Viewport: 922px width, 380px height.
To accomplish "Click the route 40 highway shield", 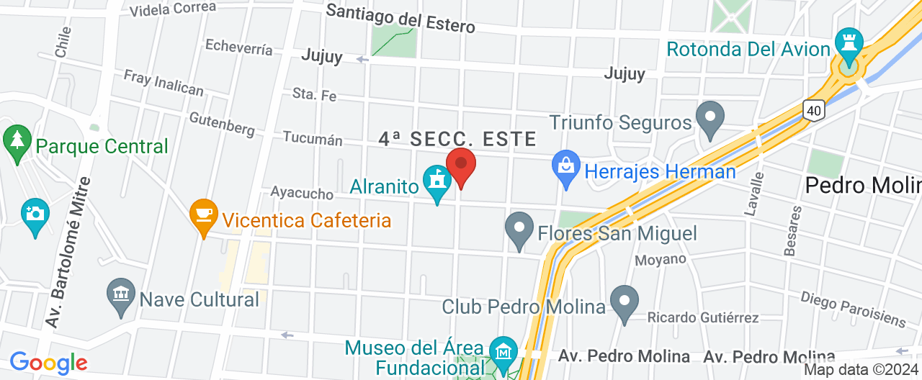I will [814, 110].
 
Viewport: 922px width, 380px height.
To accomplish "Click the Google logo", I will [48, 363].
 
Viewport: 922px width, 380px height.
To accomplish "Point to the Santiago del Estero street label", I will [400, 19].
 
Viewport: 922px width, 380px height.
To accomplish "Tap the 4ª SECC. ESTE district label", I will [457, 139].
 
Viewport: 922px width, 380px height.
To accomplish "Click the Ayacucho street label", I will [302, 194].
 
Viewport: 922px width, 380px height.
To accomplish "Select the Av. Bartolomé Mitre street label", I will [68, 253].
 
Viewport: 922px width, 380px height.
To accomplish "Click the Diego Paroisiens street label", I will [853, 308].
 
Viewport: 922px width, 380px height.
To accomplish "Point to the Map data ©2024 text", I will [861, 370].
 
